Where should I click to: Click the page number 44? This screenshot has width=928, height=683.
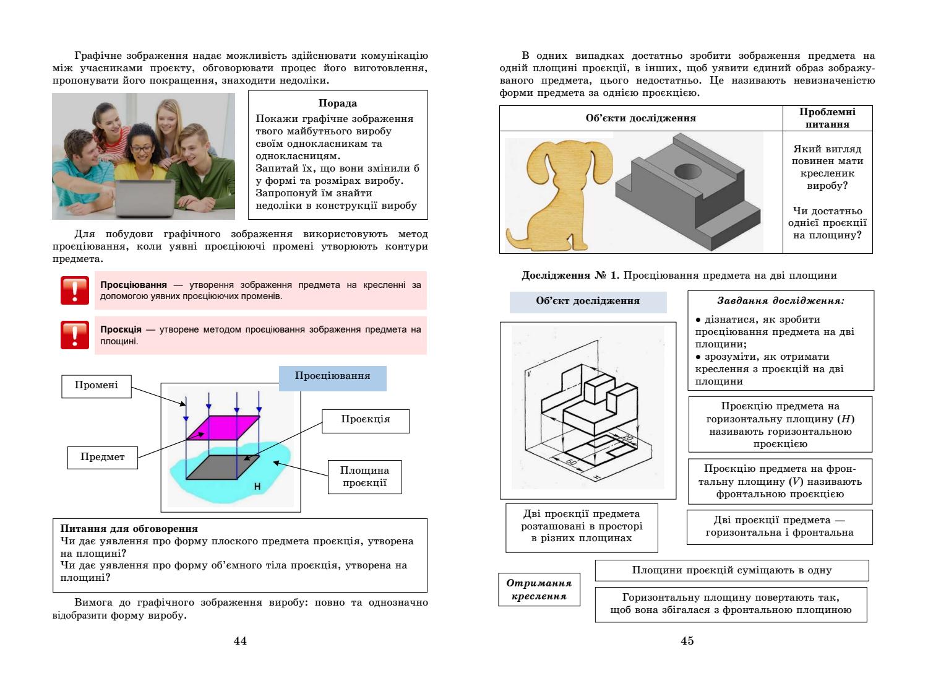click(240, 641)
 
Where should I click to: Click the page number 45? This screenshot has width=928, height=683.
click(687, 641)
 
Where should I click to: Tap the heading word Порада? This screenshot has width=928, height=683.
click(337, 103)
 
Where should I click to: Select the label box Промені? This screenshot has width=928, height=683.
click(96, 385)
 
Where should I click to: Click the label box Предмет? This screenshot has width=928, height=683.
click(102, 457)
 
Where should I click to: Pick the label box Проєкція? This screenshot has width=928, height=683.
click(365, 419)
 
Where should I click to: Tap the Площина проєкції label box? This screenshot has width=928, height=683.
click(365, 476)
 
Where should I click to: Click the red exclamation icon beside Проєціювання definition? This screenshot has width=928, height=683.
click(74, 290)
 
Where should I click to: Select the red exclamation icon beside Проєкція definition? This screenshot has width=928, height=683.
click(74, 334)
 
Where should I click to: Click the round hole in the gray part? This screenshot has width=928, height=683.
click(687, 170)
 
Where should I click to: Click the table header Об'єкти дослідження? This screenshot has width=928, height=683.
click(640, 118)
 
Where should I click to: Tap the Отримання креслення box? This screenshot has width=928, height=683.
click(539, 589)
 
